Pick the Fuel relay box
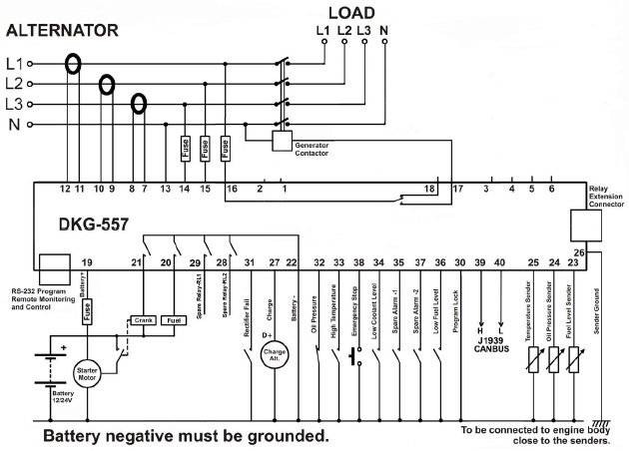click(x=173, y=320)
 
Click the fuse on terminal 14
click(x=185, y=149)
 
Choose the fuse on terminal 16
click(x=226, y=149)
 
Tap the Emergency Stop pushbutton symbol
click(x=355, y=356)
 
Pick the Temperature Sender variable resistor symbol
click(x=534, y=357)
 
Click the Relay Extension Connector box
click(x=584, y=225)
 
